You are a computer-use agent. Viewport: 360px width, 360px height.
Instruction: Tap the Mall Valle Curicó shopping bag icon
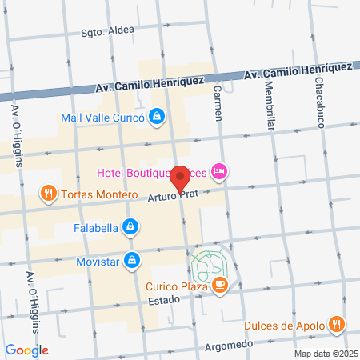[158, 117]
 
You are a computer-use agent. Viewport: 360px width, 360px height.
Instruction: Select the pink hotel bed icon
[220, 171]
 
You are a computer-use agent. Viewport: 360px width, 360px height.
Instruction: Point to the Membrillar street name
[269, 107]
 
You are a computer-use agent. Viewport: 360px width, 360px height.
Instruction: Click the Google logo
[26, 350]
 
